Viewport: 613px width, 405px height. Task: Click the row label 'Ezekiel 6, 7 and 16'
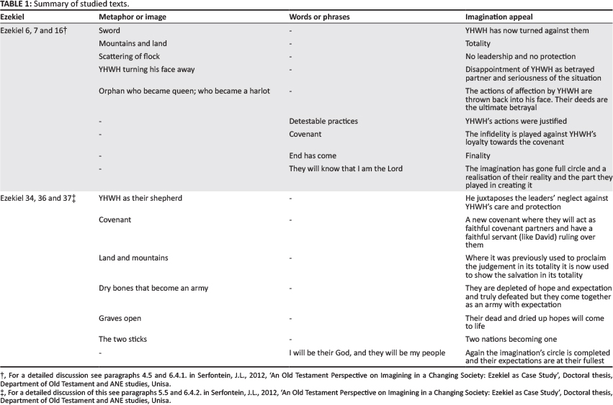32,31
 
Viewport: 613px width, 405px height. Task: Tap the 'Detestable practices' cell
323,121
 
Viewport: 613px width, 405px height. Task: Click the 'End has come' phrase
313,155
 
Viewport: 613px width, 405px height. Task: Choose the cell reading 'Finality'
478,155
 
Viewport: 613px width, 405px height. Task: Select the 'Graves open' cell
120,317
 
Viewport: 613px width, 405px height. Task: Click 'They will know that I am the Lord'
346,168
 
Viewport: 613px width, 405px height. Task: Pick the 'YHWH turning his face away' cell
146,69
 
